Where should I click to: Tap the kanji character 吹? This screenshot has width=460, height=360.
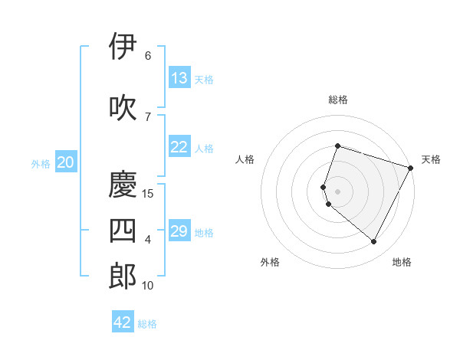[x=123, y=107]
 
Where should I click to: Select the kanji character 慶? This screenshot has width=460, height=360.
[x=123, y=185]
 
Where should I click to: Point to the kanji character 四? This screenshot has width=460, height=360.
[x=123, y=231]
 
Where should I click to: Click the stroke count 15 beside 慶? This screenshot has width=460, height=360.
[x=148, y=194]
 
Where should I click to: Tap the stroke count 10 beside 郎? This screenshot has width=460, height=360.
[x=148, y=286]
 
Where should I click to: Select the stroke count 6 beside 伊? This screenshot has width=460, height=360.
[x=148, y=56]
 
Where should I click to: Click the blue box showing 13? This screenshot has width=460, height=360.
[x=179, y=78]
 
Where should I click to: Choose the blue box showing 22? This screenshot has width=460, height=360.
[x=179, y=148]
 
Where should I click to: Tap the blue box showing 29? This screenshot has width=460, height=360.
[x=179, y=232]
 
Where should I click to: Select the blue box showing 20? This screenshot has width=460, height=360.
[x=66, y=162]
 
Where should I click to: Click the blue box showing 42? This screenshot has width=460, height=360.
[x=123, y=322]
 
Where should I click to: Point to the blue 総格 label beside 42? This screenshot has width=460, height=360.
[x=147, y=324]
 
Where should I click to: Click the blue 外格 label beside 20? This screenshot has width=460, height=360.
[x=41, y=164]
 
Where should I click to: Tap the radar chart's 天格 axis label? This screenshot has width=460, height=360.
[x=431, y=159]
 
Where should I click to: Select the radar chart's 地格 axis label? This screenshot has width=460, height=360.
[x=402, y=262]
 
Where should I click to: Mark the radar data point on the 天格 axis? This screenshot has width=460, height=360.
[x=411, y=167]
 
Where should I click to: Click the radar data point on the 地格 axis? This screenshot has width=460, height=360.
[x=374, y=242]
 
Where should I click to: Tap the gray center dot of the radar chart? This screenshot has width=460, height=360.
[x=337, y=191]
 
